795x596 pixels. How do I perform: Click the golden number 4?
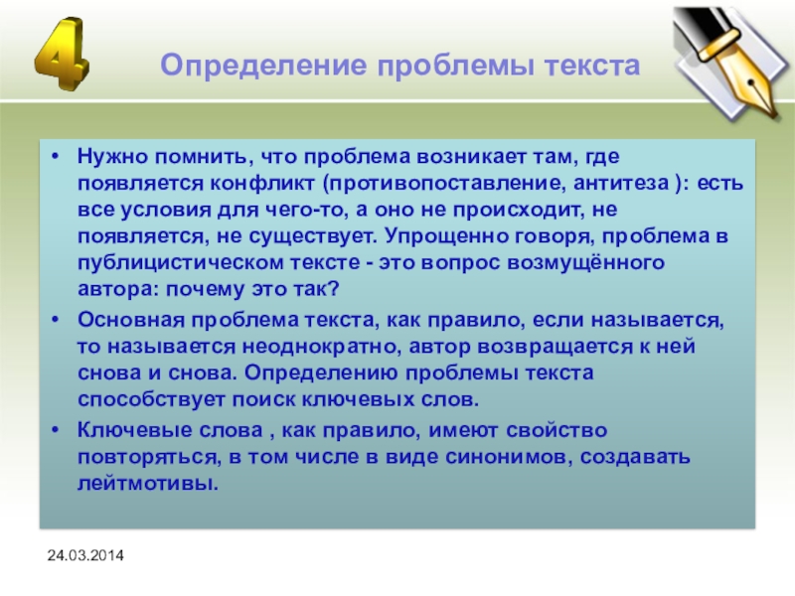tap(62, 54)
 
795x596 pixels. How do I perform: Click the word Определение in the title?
tap(263, 66)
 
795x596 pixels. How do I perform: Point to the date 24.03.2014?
tap(85, 555)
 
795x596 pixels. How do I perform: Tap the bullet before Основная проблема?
tap(56, 319)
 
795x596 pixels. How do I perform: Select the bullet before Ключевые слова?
tap(56, 430)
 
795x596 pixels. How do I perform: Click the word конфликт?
tap(262, 183)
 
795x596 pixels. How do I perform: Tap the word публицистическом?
tap(181, 263)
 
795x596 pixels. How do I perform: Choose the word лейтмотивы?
tap(147, 484)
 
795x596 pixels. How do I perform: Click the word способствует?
tap(151, 400)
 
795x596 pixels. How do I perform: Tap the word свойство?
tap(556, 430)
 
